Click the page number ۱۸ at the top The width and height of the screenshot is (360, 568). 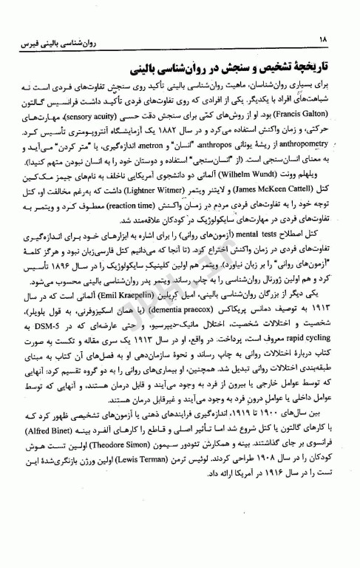(x=325, y=38)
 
